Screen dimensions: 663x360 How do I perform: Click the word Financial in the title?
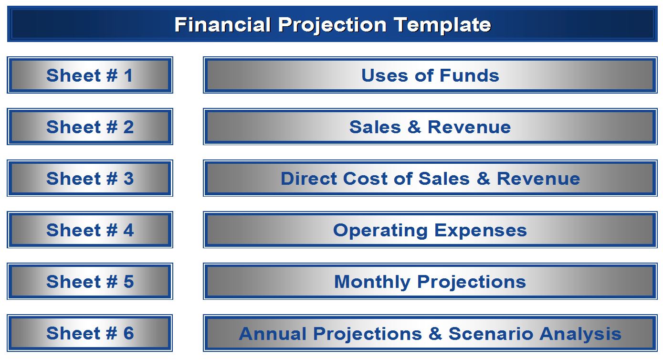click(222, 24)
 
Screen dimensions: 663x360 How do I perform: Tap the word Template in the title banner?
click(442, 25)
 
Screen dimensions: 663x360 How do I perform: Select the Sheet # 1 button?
click(90, 75)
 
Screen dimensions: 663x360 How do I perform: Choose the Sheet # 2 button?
click(90, 127)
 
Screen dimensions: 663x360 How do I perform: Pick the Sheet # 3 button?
click(90, 178)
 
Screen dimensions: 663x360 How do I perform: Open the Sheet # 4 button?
click(90, 230)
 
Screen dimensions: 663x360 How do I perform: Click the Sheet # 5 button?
click(90, 281)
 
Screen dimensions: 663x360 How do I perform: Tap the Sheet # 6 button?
click(90, 333)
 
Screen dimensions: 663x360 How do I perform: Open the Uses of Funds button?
click(430, 75)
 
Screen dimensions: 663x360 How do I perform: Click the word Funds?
click(469, 75)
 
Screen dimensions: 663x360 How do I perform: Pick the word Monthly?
click(372, 282)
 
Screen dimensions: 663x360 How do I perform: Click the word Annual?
click(273, 334)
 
